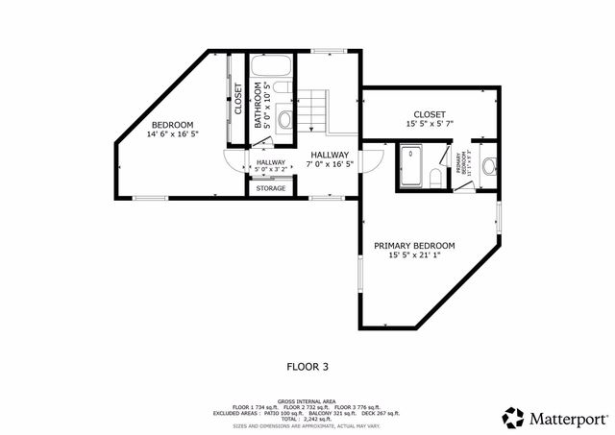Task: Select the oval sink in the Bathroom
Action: click(286, 122)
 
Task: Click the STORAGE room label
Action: click(270, 188)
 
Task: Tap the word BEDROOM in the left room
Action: click(172, 125)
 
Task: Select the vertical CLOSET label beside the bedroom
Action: click(238, 99)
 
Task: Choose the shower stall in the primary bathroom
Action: click(411, 164)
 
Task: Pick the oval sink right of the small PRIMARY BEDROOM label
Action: click(487, 166)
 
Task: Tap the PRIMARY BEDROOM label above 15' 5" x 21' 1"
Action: click(414, 246)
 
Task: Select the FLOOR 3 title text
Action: click(307, 366)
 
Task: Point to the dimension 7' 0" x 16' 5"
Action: click(330, 164)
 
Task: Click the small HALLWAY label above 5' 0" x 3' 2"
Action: click(270, 162)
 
